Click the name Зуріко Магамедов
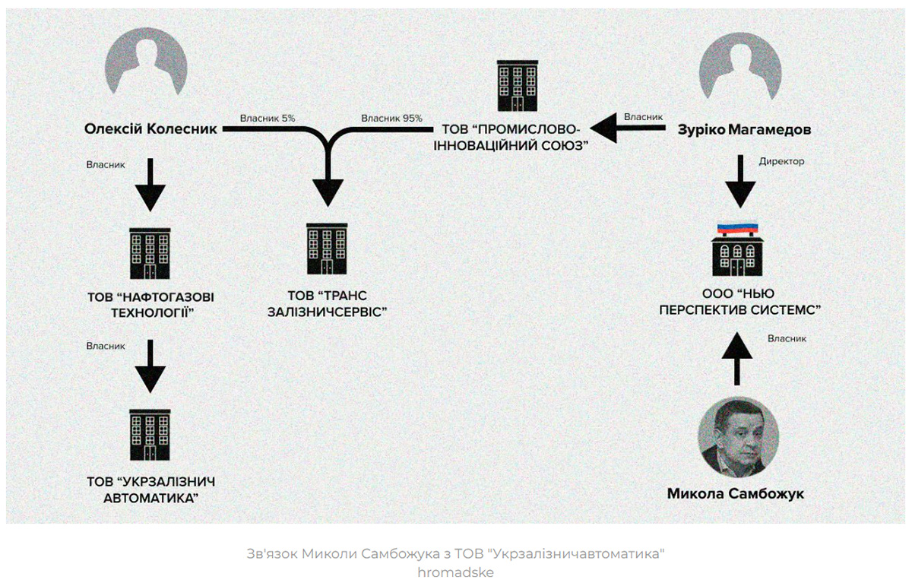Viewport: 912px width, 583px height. point(744,130)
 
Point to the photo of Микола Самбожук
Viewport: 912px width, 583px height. point(738,436)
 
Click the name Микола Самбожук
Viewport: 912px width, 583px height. point(735,494)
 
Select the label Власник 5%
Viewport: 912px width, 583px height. point(267,118)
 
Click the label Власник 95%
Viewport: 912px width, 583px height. point(392,118)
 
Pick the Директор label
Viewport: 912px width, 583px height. point(781,162)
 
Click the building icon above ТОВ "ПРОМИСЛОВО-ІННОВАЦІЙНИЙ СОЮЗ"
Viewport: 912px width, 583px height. point(518,85)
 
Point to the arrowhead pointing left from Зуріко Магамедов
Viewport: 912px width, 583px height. point(606,129)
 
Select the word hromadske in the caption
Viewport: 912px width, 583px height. point(455,572)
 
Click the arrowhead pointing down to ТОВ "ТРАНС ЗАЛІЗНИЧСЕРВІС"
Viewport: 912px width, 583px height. point(328,192)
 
